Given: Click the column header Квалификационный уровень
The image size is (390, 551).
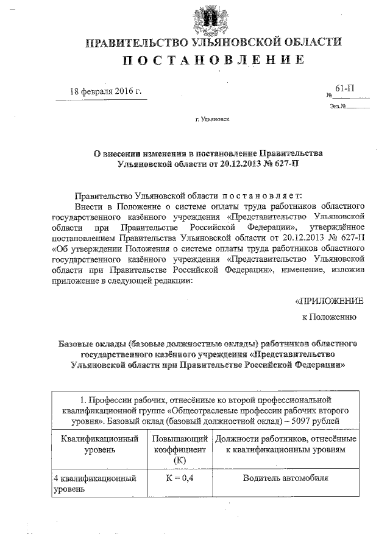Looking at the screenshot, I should point(99,444).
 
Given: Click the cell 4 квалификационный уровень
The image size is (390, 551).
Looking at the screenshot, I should point(93,483).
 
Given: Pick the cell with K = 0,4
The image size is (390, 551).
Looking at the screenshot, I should point(179,478).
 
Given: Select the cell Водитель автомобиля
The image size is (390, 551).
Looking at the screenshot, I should point(285,478).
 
